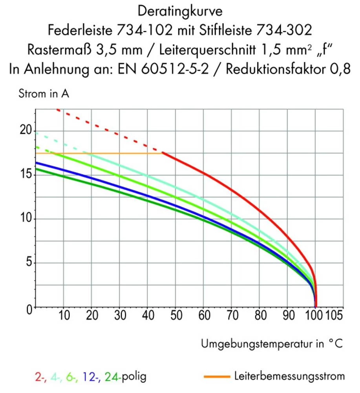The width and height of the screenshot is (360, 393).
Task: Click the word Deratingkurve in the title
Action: [x=180, y=10]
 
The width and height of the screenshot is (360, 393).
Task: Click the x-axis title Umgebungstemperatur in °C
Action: [x=272, y=344]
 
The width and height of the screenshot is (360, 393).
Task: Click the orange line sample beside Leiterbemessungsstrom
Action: [x=217, y=377]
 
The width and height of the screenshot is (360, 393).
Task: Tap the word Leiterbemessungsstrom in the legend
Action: [x=289, y=376]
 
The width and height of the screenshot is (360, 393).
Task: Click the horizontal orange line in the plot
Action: [x=98, y=153]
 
